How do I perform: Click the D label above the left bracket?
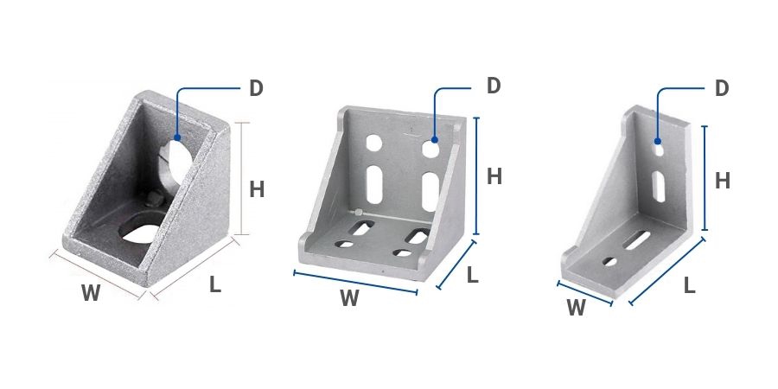(x=256, y=88)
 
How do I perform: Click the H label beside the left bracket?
(x=257, y=189)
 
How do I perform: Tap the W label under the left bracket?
(x=91, y=293)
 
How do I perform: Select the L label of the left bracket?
(x=215, y=284)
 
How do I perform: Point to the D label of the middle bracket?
(x=494, y=86)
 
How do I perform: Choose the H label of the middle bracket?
(x=494, y=176)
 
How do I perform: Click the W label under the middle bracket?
(x=350, y=298)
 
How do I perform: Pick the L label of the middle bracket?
(x=472, y=275)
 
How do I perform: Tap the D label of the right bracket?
(x=722, y=88)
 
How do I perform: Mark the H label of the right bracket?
(x=723, y=181)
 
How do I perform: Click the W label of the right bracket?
(x=576, y=308)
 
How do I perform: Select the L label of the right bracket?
(x=690, y=286)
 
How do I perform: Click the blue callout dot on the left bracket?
(x=177, y=137)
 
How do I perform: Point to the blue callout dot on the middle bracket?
(x=434, y=140)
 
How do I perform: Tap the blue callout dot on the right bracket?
(x=657, y=141)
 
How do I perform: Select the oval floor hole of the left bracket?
(x=141, y=233)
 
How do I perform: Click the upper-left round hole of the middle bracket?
(x=374, y=143)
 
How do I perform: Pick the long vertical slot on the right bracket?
(x=659, y=186)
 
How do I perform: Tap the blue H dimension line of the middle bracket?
(x=476, y=175)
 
